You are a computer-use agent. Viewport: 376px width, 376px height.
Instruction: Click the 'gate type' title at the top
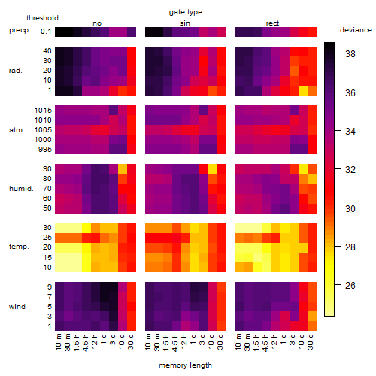pyautogui.click(x=186, y=12)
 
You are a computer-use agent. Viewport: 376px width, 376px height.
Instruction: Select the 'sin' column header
pyautogui.click(x=185, y=23)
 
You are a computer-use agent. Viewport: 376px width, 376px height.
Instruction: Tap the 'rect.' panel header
pyautogui.click(x=273, y=23)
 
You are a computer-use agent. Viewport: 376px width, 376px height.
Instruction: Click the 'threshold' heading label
pyautogui.click(x=42, y=18)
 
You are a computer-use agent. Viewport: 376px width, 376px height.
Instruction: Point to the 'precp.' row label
pyautogui.click(x=20, y=30)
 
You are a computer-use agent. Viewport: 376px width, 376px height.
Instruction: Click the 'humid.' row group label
pyautogui.click(x=21, y=189)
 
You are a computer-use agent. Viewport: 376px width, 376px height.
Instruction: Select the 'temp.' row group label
pyautogui.click(x=19, y=247)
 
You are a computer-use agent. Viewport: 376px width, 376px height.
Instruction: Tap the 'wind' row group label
pyautogui.click(x=17, y=307)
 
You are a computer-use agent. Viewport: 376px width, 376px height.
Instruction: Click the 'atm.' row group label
pyautogui.click(x=17, y=130)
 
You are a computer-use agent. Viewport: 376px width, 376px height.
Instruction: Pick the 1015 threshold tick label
pyautogui.click(x=43, y=111)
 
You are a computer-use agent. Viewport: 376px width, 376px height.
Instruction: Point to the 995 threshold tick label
pyautogui.click(x=45, y=150)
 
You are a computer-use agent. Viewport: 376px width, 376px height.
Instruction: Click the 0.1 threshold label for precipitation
pyautogui.click(x=46, y=32)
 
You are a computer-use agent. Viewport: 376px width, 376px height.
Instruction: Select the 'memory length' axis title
pyautogui.click(x=186, y=365)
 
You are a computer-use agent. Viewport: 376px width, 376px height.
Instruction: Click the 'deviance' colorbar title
pyautogui.click(x=356, y=30)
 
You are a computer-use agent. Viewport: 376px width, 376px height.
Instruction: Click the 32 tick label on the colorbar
pyautogui.click(x=350, y=170)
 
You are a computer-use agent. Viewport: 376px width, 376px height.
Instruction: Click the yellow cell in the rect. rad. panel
pyautogui.click(x=303, y=90)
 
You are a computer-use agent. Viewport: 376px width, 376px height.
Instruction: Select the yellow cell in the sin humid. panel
pyautogui.click(x=213, y=169)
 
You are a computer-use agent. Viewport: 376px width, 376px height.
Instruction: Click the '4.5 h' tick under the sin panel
pyautogui.click(x=175, y=343)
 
